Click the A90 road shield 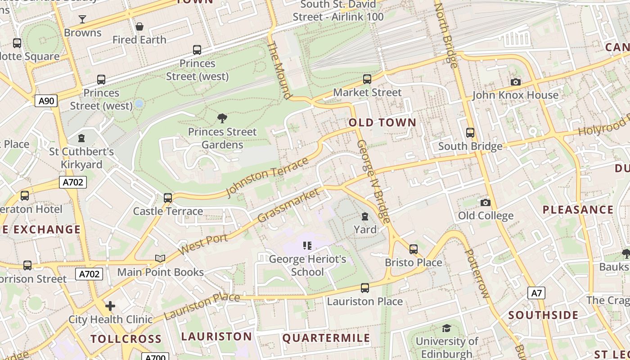(x=46, y=101)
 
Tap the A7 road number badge (x=536, y=293)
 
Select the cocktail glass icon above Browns (x=82, y=19)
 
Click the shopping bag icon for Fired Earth (x=139, y=27)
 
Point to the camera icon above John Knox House (x=515, y=82)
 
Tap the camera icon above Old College (x=485, y=202)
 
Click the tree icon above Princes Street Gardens (x=222, y=118)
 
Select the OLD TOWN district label (x=382, y=123)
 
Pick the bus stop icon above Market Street (x=367, y=79)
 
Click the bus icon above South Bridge (x=470, y=133)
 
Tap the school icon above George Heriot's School (x=307, y=246)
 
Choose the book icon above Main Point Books (x=160, y=258)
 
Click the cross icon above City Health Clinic (x=110, y=306)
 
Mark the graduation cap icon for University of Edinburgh (x=446, y=328)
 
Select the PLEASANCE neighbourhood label (x=578, y=210)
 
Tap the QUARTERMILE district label (x=326, y=338)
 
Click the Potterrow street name (x=476, y=274)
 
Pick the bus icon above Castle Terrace (x=168, y=198)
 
